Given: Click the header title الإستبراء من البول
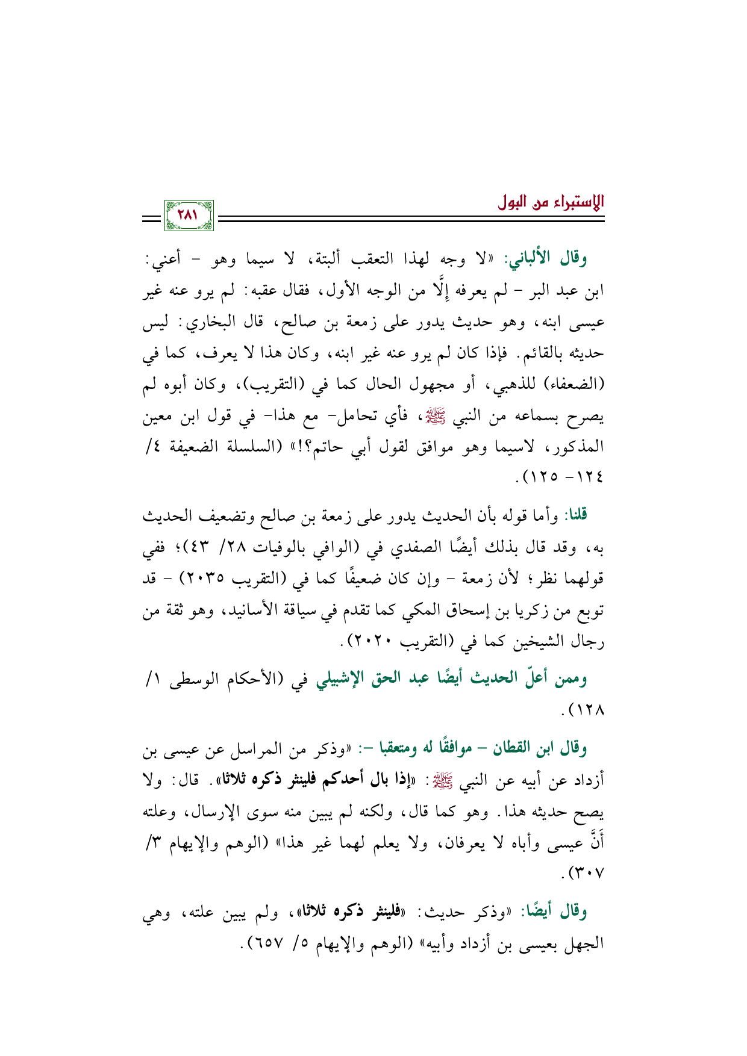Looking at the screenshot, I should click(551, 202).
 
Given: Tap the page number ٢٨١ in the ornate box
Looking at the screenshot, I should click(189, 215).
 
